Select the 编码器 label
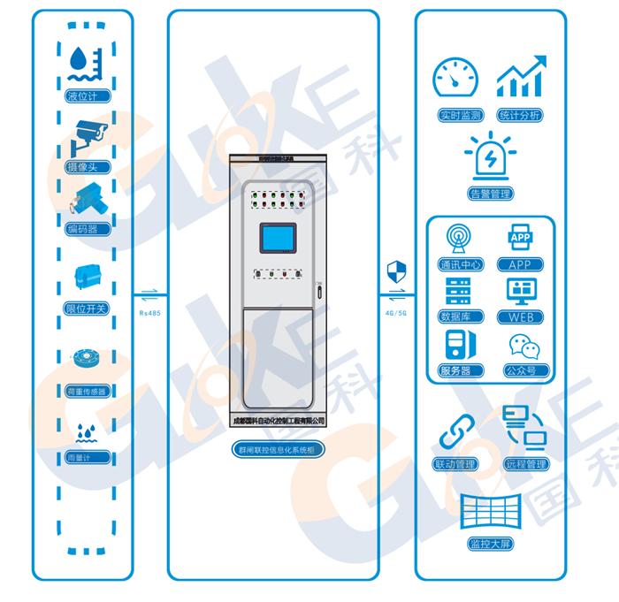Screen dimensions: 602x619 (x=88, y=229)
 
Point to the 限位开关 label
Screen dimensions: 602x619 (x=88, y=309)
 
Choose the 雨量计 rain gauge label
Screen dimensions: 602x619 (x=88, y=457)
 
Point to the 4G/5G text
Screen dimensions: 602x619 (x=396, y=311)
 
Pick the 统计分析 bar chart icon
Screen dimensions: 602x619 (x=520, y=80)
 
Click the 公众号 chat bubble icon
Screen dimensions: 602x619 (x=520, y=347)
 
